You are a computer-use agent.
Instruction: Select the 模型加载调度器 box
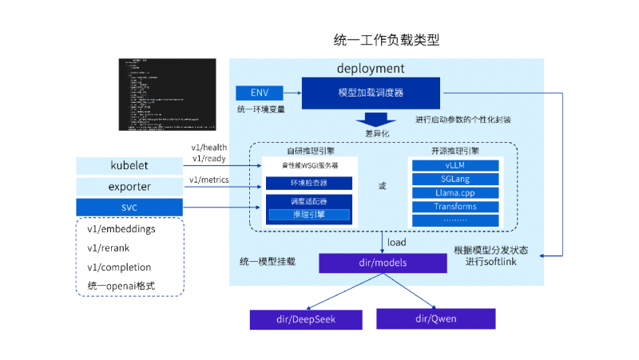point(371,93)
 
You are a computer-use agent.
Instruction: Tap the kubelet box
point(129,165)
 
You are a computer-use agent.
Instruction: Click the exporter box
point(129,187)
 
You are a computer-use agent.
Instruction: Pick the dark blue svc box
point(129,207)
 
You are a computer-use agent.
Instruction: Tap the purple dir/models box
point(383,263)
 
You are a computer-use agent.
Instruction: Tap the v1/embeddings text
point(121,229)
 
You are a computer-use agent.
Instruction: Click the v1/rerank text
point(108,248)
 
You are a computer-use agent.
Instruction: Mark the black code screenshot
point(167,94)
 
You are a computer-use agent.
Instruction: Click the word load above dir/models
point(397,242)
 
